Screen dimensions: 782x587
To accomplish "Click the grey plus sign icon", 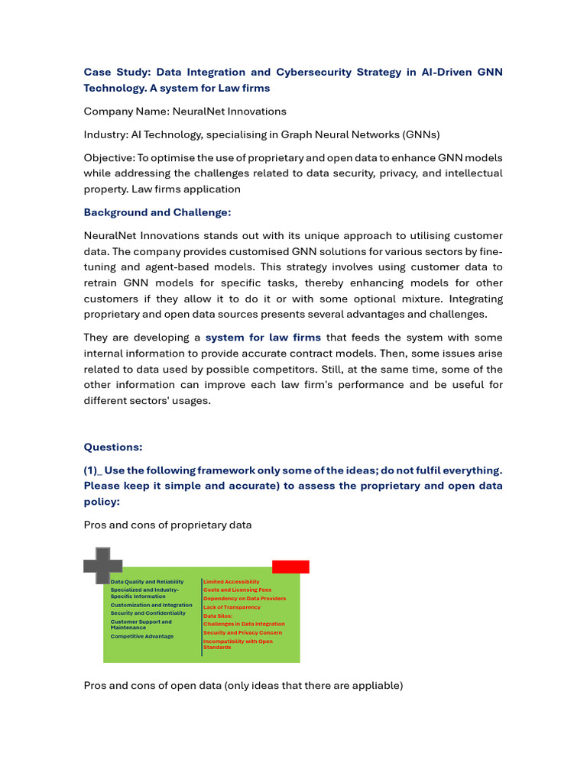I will click(x=102, y=566).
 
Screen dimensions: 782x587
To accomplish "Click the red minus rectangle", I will click(x=290, y=567).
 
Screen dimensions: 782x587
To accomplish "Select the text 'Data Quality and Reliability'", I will click(x=147, y=582).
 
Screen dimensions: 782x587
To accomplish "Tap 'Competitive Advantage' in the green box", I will click(x=141, y=636).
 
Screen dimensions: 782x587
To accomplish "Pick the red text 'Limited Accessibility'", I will click(x=231, y=582).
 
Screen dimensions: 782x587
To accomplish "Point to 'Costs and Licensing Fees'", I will click(x=237, y=590).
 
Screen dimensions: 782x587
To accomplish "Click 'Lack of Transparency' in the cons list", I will click(x=232, y=607).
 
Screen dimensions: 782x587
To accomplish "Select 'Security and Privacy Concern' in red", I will click(x=242, y=632).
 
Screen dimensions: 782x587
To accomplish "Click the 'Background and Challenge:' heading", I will click(x=157, y=212).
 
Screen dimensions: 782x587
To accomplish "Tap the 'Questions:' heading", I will click(x=113, y=448).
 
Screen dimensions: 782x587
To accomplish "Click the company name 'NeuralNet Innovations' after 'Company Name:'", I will click(x=229, y=111).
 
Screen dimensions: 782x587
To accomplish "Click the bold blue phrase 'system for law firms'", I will click(x=263, y=338).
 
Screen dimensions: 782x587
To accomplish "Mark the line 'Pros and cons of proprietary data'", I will click(x=167, y=525).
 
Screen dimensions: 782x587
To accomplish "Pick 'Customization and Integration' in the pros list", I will click(x=151, y=605).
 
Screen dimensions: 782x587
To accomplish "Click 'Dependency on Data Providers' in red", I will click(x=245, y=598).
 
